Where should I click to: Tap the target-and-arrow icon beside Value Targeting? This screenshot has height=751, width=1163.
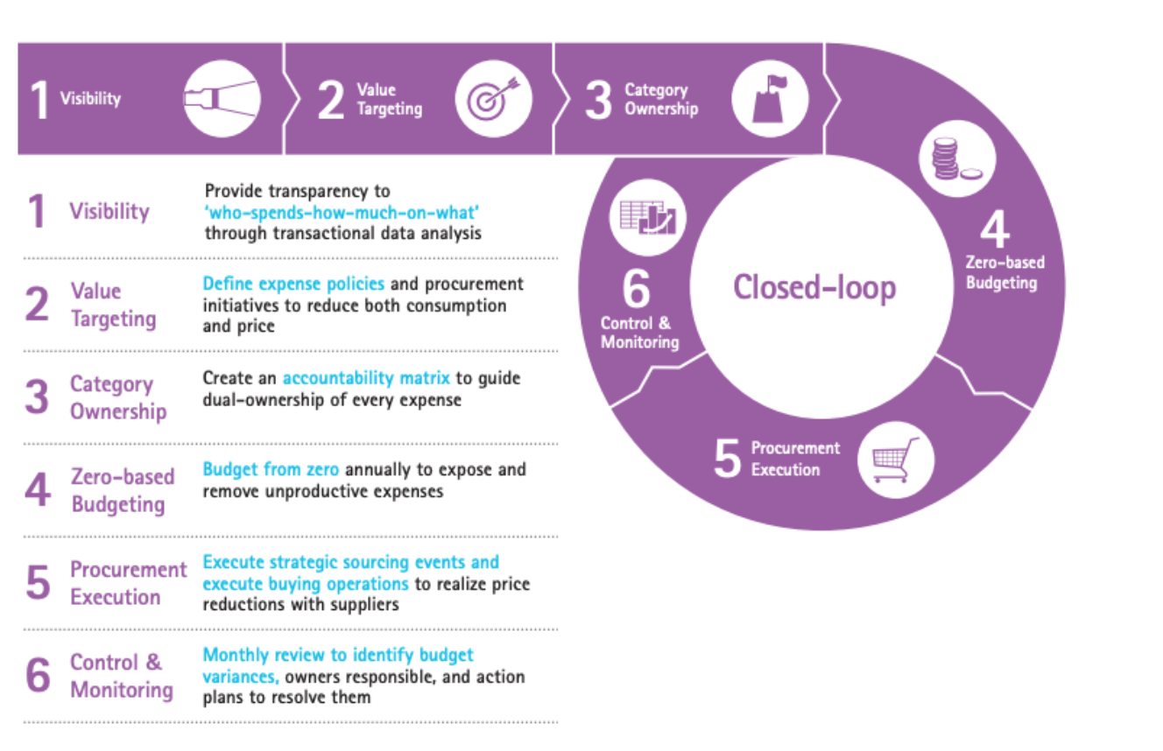tap(494, 99)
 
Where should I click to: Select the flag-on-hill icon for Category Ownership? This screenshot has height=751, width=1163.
tap(768, 98)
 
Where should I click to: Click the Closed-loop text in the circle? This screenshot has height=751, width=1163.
tap(814, 287)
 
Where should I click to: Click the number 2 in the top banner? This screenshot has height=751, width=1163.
tap(331, 100)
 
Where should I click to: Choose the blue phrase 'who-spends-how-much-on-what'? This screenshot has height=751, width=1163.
tap(342, 212)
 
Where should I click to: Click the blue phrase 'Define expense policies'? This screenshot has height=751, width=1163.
tap(293, 284)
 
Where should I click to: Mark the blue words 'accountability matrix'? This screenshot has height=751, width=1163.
tap(365, 378)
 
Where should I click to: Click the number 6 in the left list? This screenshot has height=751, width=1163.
tap(38, 676)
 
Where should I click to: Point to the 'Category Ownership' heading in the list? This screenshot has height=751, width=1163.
tap(117, 397)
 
